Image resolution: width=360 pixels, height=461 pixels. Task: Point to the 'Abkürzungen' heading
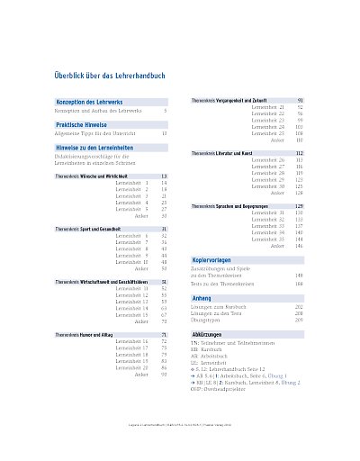click(x=208, y=333)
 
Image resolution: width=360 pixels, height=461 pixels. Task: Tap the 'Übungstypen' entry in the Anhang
click(x=207, y=321)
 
